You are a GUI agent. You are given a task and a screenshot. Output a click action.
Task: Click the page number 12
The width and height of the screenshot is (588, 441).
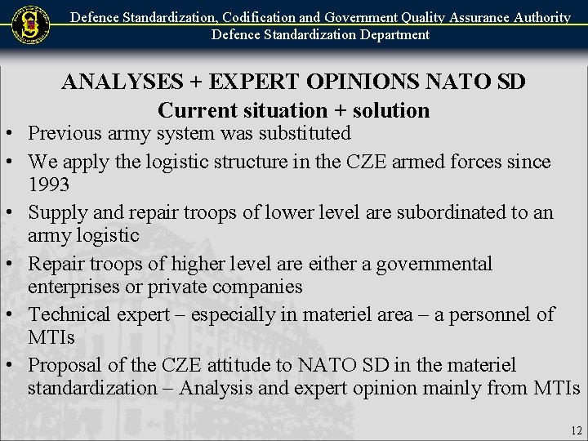[577, 430]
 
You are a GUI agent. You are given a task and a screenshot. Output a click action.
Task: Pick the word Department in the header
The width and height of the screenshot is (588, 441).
[386, 34]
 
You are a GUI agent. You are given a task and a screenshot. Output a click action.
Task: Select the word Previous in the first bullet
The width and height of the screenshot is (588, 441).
[67, 133]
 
